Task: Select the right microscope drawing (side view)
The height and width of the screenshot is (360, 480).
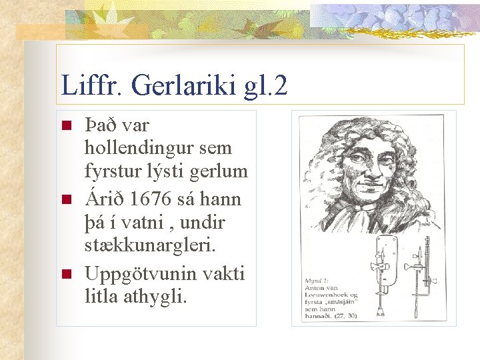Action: click(420, 273)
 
